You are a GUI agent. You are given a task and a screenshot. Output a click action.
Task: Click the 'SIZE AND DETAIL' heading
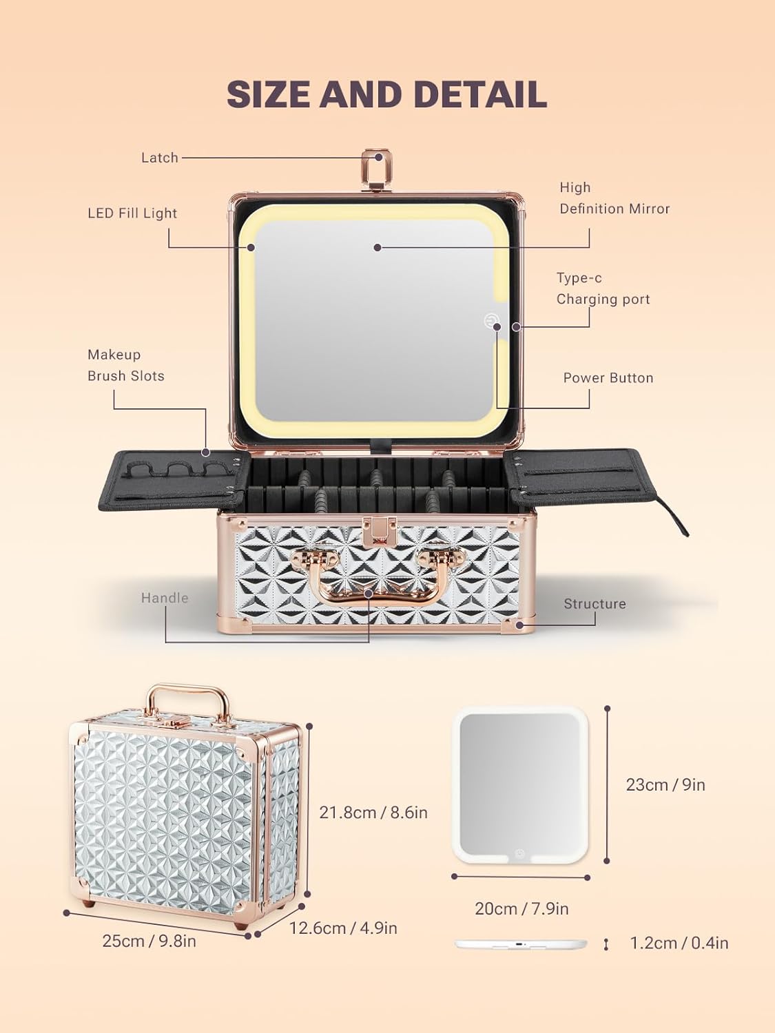tap(386, 94)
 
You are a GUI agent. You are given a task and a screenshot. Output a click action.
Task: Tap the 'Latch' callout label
tap(160, 158)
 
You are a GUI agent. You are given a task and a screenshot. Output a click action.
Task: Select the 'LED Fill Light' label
tap(132, 213)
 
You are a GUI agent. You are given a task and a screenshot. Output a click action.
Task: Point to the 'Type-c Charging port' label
tap(603, 289)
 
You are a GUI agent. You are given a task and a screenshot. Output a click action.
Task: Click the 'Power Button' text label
tap(608, 378)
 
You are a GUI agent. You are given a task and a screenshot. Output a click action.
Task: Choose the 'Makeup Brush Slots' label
tap(125, 365)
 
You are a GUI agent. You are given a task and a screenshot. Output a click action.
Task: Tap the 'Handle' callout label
tap(165, 598)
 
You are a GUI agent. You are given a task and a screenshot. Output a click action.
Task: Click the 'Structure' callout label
tap(595, 604)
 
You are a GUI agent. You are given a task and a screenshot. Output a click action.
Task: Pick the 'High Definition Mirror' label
tap(614, 198)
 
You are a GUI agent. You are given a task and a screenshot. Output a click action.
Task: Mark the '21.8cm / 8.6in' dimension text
tap(373, 813)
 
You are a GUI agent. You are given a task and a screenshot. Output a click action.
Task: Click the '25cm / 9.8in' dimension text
tap(149, 941)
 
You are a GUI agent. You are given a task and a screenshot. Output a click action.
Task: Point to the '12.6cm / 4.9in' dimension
tap(342, 928)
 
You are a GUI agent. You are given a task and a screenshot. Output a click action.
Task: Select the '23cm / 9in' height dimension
tap(665, 785)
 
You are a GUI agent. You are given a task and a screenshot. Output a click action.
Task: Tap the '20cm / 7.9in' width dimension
tap(521, 909)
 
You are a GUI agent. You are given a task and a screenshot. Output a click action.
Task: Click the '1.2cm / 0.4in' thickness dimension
tap(679, 943)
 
